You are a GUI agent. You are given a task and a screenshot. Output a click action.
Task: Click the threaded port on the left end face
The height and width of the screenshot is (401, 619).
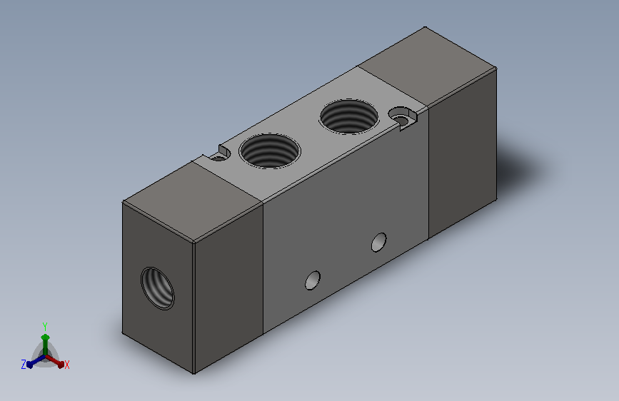[x=158, y=288]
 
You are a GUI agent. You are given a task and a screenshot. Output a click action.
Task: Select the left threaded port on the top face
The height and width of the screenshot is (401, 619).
[x=270, y=151]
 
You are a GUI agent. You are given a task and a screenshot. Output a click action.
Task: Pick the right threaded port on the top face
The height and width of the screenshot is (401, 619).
[x=349, y=116]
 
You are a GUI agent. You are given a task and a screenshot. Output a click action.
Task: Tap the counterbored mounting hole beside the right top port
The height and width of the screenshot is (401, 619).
[x=403, y=118]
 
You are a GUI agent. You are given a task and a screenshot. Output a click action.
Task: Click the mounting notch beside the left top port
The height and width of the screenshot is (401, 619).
[x=221, y=154]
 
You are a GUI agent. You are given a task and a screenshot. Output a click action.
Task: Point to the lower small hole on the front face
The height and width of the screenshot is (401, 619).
[x=313, y=280]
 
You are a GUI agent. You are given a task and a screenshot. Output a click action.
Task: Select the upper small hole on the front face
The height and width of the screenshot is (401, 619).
[x=379, y=242]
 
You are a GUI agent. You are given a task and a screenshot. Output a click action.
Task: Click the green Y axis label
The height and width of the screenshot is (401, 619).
[x=45, y=326]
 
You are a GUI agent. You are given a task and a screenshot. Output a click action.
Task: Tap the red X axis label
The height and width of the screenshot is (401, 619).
[x=66, y=365]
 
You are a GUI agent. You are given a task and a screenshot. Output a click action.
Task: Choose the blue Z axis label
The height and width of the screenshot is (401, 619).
[x=24, y=365]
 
